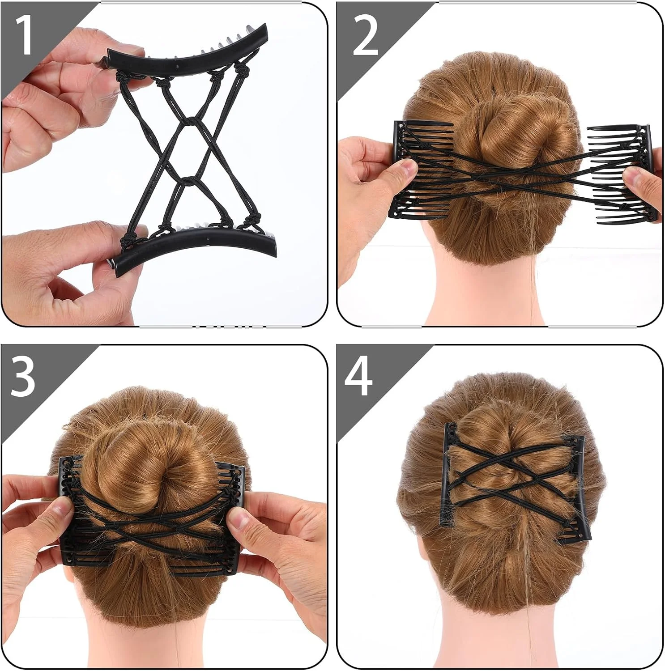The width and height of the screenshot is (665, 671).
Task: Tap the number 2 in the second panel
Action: click(x=365, y=37)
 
